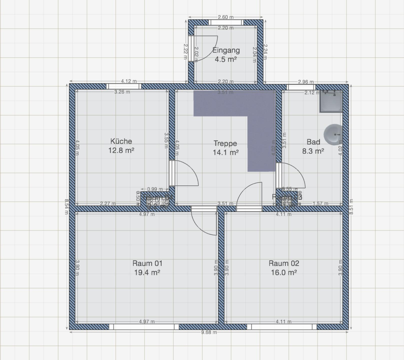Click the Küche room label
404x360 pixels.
coord(121,141)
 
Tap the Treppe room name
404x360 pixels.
coord(225,144)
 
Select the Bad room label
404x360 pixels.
coord(313,142)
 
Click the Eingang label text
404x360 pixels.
coord(226,50)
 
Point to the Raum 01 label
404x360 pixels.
coord(147,263)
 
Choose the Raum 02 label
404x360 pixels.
coord(284,263)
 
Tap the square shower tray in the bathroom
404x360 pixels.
coord(331,101)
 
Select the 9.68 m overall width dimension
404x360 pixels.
coord(209,332)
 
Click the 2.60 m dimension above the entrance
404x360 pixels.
coord(226,17)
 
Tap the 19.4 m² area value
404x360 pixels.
coord(147,272)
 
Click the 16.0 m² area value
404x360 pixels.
coord(284,272)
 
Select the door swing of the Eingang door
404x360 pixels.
coord(207,49)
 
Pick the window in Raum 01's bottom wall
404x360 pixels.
coord(144,327)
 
